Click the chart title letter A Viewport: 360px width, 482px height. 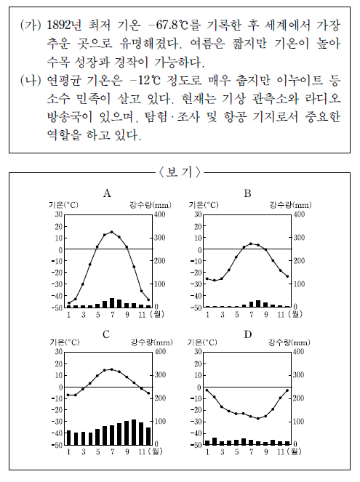pyautogui.click(x=107, y=193)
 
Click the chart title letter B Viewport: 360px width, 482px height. pyautogui.click(x=247, y=193)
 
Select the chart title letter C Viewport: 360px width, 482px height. pyautogui.click(x=106, y=334)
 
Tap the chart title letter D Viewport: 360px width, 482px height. pyautogui.click(x=248, y=334)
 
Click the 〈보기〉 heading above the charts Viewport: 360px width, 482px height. pyautogui.click(x=180, y=172)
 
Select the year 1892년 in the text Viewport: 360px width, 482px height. pyautogui.click(x=64, y=25)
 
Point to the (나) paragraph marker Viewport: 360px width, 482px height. pyautogui.click(x=31, y=81)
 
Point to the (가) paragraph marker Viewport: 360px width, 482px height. pyautogui.click(x=31, y=25)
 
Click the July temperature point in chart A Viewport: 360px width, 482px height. pyautogui.click(x=112, y=232)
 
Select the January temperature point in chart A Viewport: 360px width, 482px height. pyautogui.click(x=68, y=302)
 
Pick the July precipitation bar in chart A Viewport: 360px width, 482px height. pyautogui.click(x=112, y=302)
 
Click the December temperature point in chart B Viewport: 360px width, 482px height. pyautogui.click(x=287, y=276)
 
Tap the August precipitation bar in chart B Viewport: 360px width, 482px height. pyautogui.click(x=258, y=303)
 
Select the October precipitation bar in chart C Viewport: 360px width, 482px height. pyautogui.click(x=134, y=432)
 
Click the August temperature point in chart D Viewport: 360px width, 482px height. pyautogui.click(x=258, y=418)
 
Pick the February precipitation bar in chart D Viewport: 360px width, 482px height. pyautogui.click(x=215, y=441)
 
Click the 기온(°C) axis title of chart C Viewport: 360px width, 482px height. pyautogui.click(x=65, y=342)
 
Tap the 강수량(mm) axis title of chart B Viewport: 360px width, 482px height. pyautogui.click(x=290, y=205)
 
